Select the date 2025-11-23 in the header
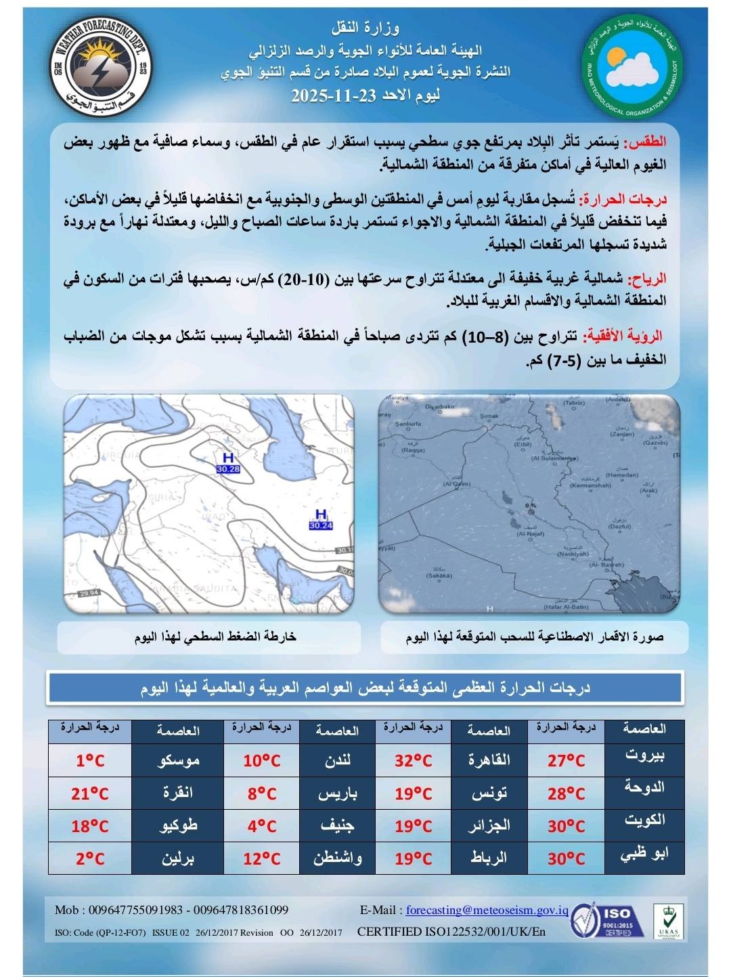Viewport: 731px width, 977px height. click(x=365, y=95)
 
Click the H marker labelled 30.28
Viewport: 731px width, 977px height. click(x=228, y=463)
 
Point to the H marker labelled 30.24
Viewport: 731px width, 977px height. click(x=321, y=519)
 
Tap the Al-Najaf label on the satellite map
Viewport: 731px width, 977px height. click(x=531, y=534)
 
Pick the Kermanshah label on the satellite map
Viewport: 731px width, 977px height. click(x=590, y=485)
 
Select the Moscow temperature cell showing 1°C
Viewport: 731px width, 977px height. click(x=90, y=760)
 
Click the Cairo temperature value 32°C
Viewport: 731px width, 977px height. click(x=413, y=760)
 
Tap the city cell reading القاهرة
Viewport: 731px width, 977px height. click(x=489, y=760)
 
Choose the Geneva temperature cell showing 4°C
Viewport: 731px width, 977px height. click(x=261, y=826)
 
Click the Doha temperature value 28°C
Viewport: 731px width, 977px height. click(x=566, y=793)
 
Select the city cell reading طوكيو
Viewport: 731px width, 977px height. click(x=177, y=826)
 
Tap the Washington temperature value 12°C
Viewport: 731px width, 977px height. click(x=261, y=859)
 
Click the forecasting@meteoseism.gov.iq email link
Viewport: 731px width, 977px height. click(x=487, y=911)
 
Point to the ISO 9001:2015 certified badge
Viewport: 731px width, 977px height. click(x=602, y=921)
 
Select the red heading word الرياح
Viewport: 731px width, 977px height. click(x=648, y=278)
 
